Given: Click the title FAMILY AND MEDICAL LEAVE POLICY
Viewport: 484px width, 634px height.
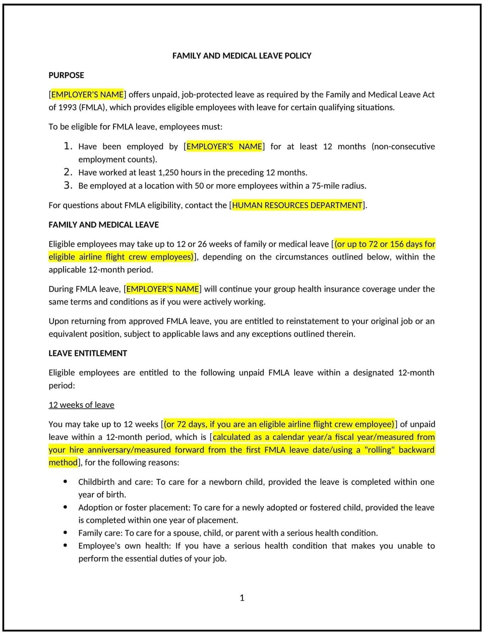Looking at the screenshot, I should coord(241,55).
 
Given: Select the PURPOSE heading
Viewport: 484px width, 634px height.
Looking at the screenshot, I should coord(66,75).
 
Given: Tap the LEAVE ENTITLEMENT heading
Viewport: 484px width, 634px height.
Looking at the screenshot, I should coord(88,353).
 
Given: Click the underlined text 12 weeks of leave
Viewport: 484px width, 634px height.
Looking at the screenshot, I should coord(81,405).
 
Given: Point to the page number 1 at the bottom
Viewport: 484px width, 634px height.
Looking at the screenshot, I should coord(242,598).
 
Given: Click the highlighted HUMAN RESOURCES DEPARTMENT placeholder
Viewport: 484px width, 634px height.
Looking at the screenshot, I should coord(297,205).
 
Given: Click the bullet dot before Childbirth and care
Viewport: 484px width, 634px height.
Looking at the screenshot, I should coord(66,481).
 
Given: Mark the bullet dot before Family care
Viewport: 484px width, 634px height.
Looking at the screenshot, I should coord(66,532).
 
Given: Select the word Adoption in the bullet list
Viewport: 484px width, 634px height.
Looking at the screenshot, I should coord(95,508).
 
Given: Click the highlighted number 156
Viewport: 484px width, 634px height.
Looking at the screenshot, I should coord(397,244).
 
